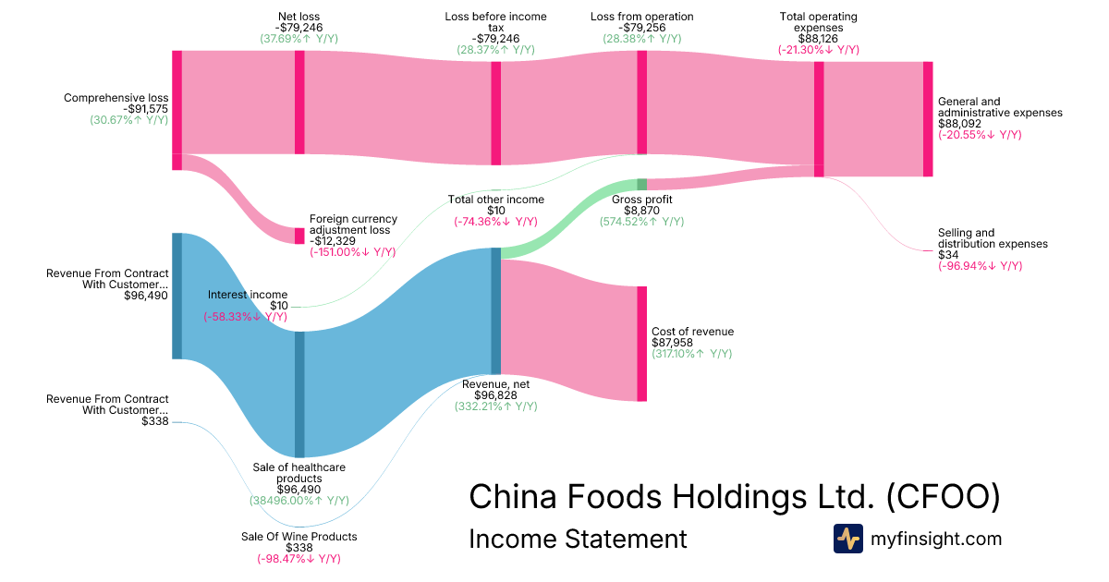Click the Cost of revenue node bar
(x=641, y=344)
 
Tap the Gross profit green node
(x=641, y=184)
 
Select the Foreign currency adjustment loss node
(x=299, y=236)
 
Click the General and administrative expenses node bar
(x=928, y=118)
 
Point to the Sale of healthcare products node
(x=299, y=394)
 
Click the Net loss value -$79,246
(x=300, y=28)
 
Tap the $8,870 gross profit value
(x=641, y=211)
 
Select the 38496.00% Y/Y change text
(x=299, y=501)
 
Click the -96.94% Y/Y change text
(x=980, y=266)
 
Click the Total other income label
(x=496, y=200)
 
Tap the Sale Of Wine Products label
(x=299, y=537)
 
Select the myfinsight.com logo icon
(x=847, y=539)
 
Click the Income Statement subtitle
(x=578, y=539)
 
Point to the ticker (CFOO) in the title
(x=943, y=496)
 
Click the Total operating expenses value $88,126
(x=818, y=39)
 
